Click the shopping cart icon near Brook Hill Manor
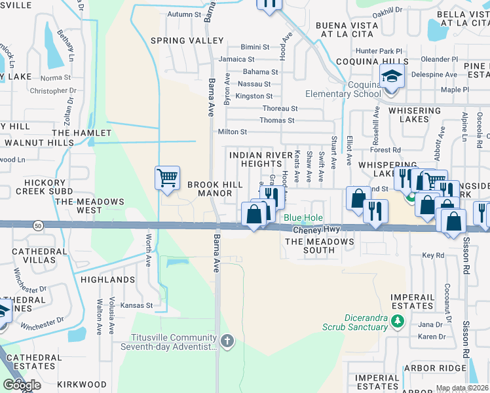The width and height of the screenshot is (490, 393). tap(168, 178)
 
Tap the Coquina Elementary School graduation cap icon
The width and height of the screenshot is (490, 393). tap(392, 77)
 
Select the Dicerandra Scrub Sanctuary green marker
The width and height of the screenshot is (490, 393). tap(396, 320)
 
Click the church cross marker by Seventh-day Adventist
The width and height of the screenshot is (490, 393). tap(227, 341)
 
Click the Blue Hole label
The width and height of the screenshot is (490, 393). tap(303, 218)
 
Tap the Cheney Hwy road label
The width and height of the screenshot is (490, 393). tap(316, 230)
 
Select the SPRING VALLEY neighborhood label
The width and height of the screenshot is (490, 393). tap(187, 41)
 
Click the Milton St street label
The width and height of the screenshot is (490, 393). tap(233, 132)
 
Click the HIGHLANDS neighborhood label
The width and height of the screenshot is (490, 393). tap(107, 280)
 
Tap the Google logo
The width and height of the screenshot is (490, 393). tap(21, 385)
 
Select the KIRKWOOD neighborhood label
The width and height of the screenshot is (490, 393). tap(82, 384)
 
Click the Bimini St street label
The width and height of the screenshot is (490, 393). tap(255, 47)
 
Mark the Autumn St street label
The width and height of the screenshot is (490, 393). tap(184, 14)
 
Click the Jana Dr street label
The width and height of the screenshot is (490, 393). tap(430, 325)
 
